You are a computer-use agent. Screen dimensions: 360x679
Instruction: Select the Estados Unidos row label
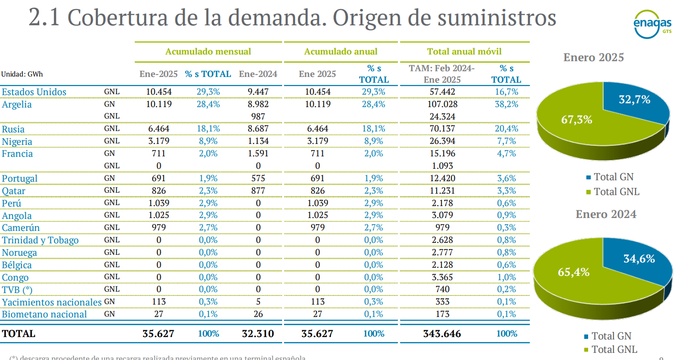pos(34,92)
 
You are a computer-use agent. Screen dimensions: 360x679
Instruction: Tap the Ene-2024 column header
pos(258,74)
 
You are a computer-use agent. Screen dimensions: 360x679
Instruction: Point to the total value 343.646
pos(442,334)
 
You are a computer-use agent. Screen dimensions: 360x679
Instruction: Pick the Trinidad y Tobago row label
pos(40,240)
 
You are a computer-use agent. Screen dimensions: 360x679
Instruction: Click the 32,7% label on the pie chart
pos(635,100)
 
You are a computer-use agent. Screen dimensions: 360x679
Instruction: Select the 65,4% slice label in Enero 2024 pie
pos(573,272)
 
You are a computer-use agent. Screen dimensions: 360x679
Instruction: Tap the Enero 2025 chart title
pos(593,57)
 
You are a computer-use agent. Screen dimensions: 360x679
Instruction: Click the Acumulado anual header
pos(341,51)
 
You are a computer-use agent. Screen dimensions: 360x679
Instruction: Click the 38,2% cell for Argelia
pos(506,104)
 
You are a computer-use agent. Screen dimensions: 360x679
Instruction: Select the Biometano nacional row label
pos(44,314)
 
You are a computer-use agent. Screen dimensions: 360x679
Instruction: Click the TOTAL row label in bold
pos(19,334)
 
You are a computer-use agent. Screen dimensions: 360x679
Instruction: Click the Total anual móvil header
pos(464,51)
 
